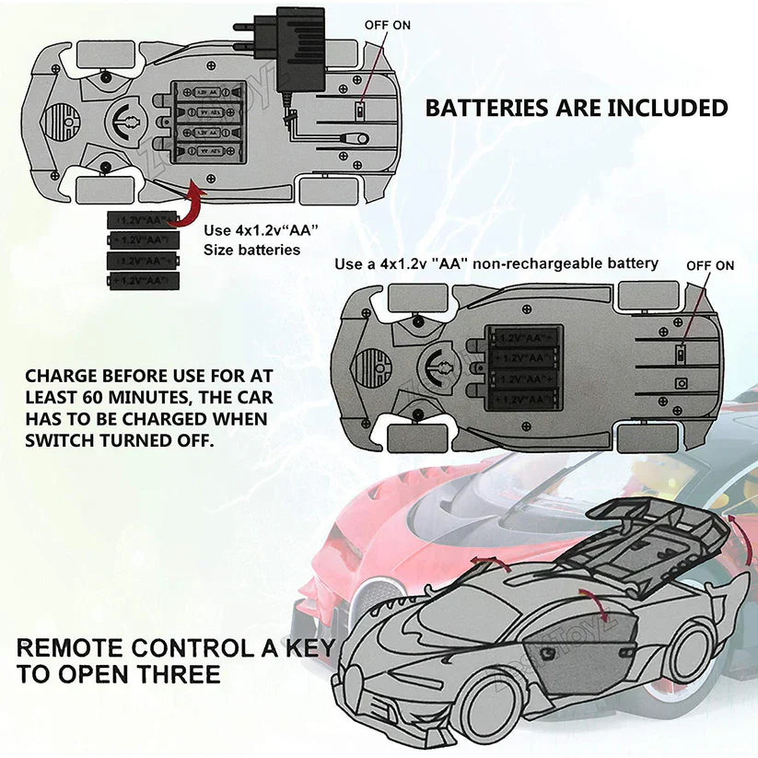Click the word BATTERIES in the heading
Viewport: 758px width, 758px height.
coord(485,108)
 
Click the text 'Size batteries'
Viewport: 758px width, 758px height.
coord(251,250)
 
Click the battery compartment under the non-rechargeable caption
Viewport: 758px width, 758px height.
coord(521,366)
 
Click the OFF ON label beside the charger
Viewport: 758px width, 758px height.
coord(388,26)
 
